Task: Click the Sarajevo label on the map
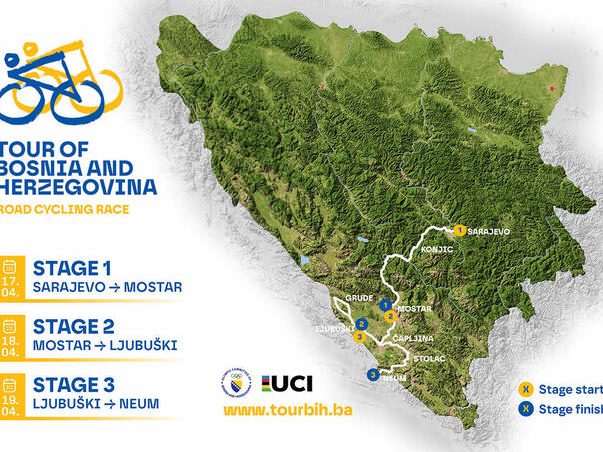489,231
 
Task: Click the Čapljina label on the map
412,338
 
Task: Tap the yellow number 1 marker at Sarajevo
459,230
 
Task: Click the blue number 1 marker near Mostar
384,306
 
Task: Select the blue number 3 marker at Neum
373,375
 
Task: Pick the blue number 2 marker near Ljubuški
366,323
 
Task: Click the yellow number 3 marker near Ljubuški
359,336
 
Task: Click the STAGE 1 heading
72,267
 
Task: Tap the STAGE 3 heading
73,384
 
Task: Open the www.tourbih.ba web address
288,410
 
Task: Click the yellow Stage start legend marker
524,389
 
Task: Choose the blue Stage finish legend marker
524,409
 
